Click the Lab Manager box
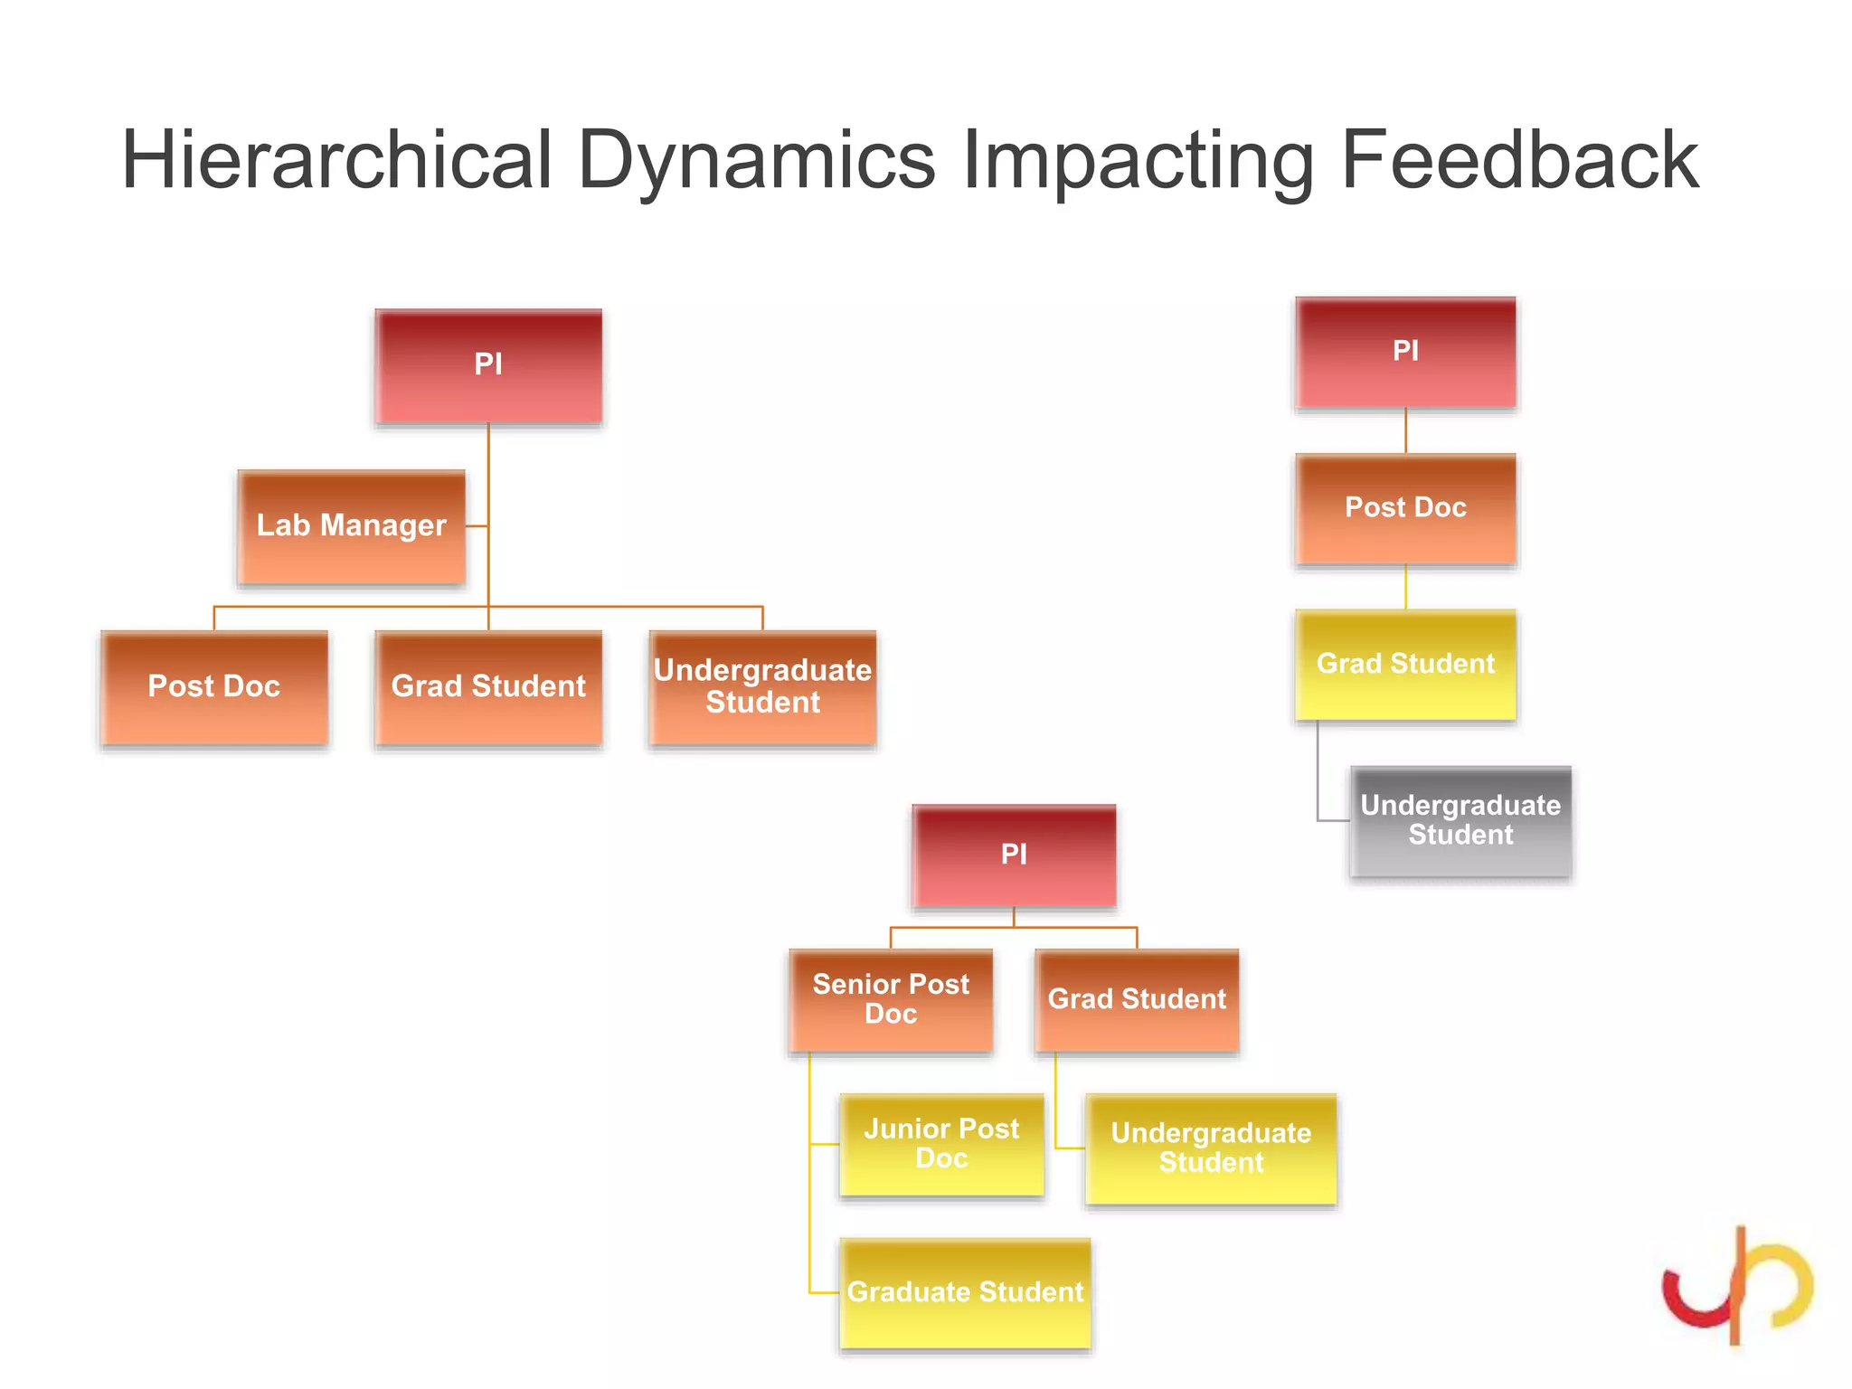(x=351, y=526)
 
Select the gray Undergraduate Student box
(x=1460, y=820)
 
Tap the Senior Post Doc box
(x=891, y=999)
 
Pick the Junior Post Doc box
(x=941, y=1144)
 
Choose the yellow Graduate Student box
(x=965, y=1292)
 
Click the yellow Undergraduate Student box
(x=1210, y=1148)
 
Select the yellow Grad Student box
(x=1405, y=664)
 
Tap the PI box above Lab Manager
(x=488, y=365)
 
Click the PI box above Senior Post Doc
(x=1014, y=855)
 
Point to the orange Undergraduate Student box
(x=762, y=687)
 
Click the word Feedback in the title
(x=1518, y=160)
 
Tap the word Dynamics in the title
(x=756, y=160)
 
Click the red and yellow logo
(x=1737, y=1285)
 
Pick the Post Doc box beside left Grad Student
(x=214, y=687)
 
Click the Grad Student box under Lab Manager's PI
(x=488, y=687)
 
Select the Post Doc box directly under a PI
(x=1405, y=508)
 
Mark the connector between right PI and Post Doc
(x=1405, y=431)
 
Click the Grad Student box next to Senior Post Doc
(x=1137, y=999)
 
